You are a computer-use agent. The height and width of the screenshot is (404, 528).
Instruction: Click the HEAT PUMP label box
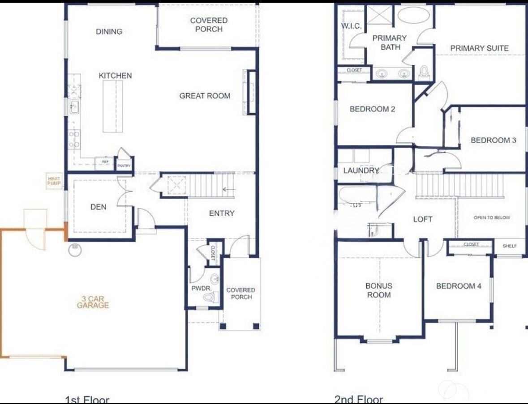(53, 181)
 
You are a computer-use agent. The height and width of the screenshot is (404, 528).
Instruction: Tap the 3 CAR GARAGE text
(93, 302)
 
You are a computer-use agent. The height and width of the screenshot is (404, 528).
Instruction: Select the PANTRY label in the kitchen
(124, 166)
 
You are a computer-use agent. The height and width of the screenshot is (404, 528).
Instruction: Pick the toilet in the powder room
(208, 297)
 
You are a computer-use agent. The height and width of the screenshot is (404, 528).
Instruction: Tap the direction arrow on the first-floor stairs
(229, 190)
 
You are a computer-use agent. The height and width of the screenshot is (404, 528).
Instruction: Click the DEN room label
(98, 207)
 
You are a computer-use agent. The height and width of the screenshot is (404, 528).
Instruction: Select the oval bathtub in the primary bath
(413, 15)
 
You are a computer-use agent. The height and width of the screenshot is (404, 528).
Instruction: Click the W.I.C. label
(351, 26)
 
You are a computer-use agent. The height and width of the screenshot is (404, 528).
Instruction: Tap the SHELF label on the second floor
(510, 246)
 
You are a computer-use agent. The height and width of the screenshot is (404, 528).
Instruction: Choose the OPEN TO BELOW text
(492, 217)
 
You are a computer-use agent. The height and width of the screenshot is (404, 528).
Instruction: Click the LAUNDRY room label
(361, 170)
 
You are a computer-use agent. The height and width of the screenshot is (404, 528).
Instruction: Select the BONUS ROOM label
(378, 290)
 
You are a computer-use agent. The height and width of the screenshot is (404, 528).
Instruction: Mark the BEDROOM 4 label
(459, 286)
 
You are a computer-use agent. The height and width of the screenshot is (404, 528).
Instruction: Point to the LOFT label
(422, 219)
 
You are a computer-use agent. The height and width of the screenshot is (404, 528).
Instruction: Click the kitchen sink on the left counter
(74, 107)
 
